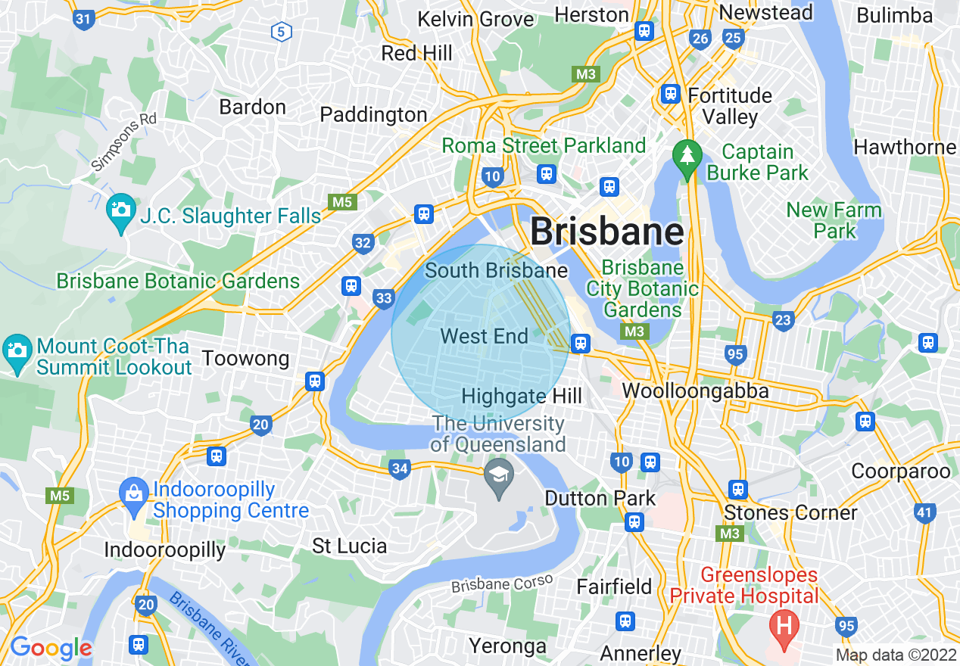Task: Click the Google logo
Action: pos(51,648)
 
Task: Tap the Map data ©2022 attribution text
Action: pos(894,655)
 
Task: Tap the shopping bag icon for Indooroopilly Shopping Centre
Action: pos(133,494)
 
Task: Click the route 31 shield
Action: pos(84,18)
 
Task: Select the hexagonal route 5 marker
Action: pos(281,32)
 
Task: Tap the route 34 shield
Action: pos(400,469)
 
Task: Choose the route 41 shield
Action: pos(924,513)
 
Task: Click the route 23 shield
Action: pos(783,320)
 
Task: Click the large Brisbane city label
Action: pos(607,232)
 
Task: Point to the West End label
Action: pos(484,336)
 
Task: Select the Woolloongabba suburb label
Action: pos(695,391)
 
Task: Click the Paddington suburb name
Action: pos(373,115)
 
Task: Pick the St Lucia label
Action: pos(349,546)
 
